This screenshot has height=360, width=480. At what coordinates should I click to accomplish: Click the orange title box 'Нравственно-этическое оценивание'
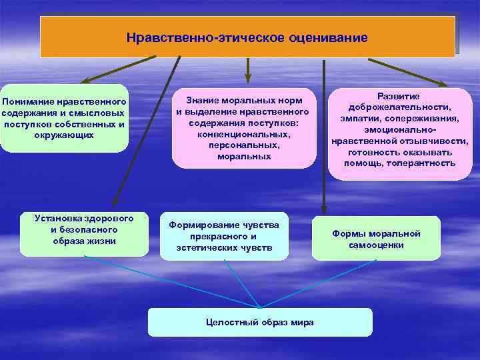(247, 37)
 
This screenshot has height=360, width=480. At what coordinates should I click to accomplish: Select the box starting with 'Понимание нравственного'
(64, 118)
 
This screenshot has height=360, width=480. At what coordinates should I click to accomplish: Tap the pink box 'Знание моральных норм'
(244, 127)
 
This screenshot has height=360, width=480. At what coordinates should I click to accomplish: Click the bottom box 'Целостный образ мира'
(260, 323)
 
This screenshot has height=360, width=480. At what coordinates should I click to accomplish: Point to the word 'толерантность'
(427, 163)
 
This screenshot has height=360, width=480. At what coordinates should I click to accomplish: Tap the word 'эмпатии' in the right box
(366, 118)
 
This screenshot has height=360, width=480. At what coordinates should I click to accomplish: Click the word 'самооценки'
(376, 245)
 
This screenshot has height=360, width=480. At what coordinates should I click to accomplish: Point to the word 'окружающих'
(64, 135)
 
